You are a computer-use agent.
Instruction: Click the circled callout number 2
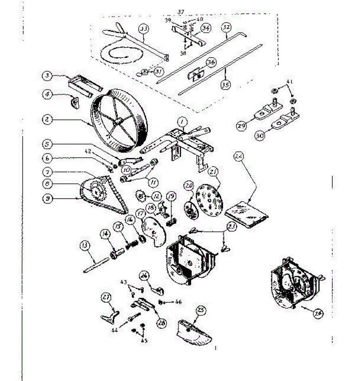47,120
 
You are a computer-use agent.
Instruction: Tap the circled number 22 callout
238,157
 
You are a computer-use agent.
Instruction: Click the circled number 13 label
86,246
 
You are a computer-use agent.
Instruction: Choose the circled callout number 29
241,125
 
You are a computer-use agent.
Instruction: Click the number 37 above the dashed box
181,12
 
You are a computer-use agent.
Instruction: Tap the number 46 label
178,302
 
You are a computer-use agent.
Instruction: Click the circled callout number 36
211,63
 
